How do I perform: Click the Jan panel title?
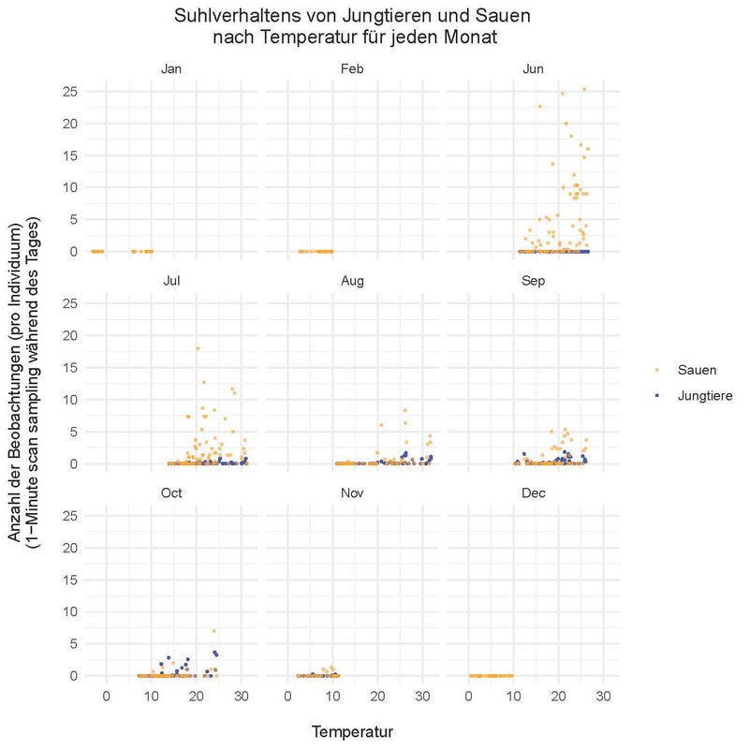171,69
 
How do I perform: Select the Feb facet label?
352,69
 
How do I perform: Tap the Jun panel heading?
533,69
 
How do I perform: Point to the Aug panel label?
352,280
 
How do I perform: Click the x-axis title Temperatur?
352,731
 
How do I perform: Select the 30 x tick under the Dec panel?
603,697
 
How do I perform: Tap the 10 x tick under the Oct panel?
152,697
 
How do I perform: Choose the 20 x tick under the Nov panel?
377,697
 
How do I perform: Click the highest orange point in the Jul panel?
197,348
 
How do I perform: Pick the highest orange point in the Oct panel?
213,631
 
